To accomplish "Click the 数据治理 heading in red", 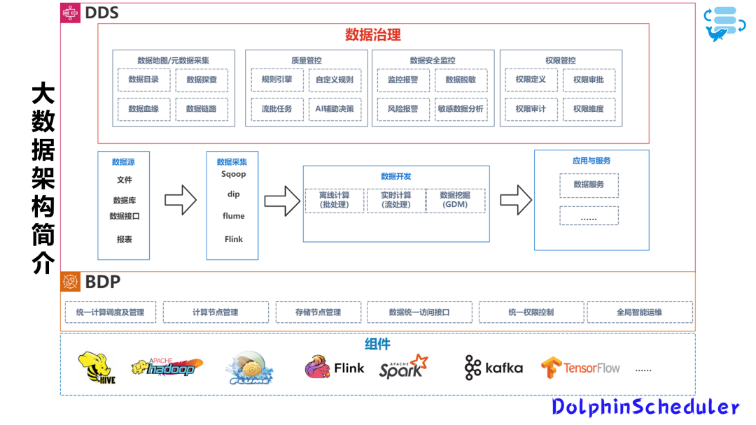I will (372, 35).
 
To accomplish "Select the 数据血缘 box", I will (143, 109).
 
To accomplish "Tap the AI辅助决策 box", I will (335, 109).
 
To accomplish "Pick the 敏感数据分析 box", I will (461, 109).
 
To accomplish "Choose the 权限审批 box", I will (588, 80).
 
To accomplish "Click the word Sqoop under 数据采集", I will (233, 174).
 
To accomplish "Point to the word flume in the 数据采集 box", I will (233, 216).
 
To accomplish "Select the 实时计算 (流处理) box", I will (395, 200).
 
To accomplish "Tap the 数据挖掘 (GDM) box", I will (455, 200).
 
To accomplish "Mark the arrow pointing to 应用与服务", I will (515, 200).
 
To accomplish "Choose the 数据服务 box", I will (589, 185).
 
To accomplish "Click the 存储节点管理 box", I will (318, 312).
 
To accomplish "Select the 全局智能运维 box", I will (639, 312).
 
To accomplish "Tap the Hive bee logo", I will (97, 368).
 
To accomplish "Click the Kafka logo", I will (493, 368).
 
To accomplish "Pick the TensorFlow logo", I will (580, 368).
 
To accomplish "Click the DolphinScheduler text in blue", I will (645, 408).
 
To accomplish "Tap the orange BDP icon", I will (70, 282).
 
